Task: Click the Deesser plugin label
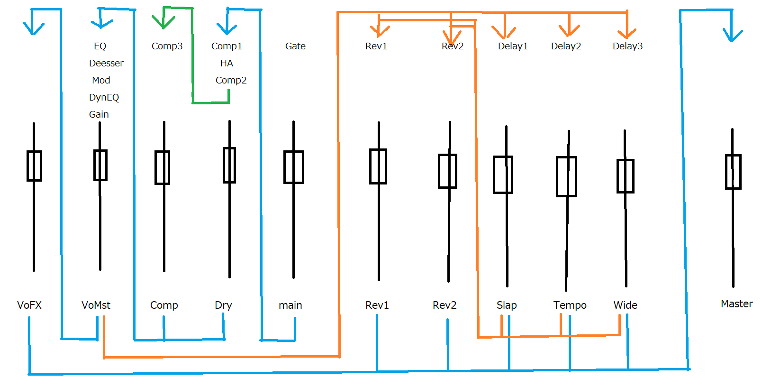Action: coord(106,63)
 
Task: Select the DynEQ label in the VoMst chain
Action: coord(104,97)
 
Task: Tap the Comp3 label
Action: coord(167,46)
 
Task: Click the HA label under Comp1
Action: coord(227,63)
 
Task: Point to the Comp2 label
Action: coord(231,80)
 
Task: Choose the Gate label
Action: coord(295,46)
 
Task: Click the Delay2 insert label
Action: coord(566,46)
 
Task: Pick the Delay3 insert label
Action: coord(627,46)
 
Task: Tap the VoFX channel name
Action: coord(29,305)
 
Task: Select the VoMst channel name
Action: coord(96,305)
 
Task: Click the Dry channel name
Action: coord(223,305)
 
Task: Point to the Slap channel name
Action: coord(507,305)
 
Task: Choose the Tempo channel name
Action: coord(570,305)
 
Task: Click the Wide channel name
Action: coord(625,305)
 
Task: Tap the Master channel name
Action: coord(736,304)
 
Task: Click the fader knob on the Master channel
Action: coord(733,172)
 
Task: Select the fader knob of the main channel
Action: coord(294,167)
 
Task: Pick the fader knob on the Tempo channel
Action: coord(566,176)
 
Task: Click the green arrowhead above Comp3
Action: coord(163,23)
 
